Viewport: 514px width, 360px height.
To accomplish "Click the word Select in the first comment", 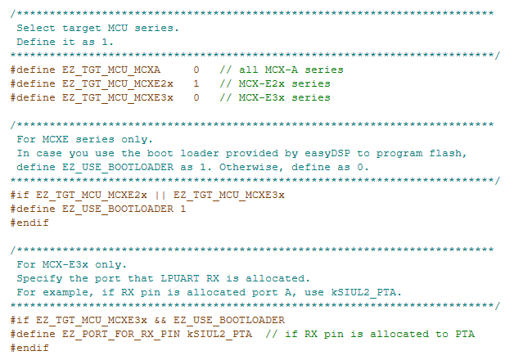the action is click(x=36, y=28).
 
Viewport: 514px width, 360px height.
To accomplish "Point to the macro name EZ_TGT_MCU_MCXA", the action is click(x=111, y=70).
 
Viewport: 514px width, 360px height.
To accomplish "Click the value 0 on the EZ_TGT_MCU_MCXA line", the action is click(x=196, y=70).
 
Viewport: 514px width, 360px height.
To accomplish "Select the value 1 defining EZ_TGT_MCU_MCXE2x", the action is click(x=196, y=83).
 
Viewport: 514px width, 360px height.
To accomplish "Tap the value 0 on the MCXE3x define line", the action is click(x=196, y=97).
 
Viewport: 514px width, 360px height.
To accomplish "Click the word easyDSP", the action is click(x=327, y=153).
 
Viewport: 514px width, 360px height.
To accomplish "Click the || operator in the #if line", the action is click(x=160, y=196).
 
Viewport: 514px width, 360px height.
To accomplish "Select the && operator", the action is click(x=160, y=320).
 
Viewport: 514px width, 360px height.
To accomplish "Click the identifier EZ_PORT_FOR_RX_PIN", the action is click(x=121, y=334).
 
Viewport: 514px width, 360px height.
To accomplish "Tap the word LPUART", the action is click(x=179, y=278).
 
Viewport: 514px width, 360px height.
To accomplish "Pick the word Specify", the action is click(x=39, y=279).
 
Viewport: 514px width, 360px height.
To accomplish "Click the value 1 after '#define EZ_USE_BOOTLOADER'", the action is click(x=183, y=209).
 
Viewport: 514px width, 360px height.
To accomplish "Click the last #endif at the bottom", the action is click(x=29, y=348).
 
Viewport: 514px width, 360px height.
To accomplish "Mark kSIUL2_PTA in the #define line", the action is click(x=219, y=334).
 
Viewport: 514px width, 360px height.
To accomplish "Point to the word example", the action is click(x=65, y=293).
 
